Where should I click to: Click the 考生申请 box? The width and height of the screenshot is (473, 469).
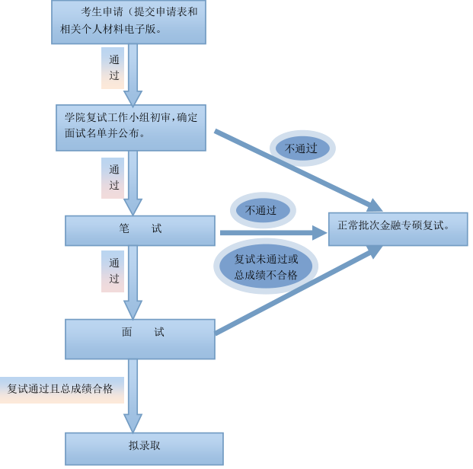pyautogui.click(x=128, y=21)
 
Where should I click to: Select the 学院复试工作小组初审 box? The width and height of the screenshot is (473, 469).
pyautogui.click(x=131, y=127)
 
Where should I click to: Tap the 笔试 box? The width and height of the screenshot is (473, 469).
pyautogui.click(x=139, y=230)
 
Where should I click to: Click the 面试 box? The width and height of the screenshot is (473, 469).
pyautogui.click(x=139, y=338)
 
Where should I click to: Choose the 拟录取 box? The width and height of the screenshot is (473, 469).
pyautogui.click(x=144, y=448)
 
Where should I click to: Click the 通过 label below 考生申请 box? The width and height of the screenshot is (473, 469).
pyautogui.click(x=113, y=68)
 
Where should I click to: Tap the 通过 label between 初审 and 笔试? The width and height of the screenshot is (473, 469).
pyautogui.click(x=113, y=177)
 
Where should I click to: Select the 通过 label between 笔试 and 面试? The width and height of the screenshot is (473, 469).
pyautogui.click(x=113, y=271)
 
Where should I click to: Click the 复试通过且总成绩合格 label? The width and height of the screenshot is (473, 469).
pyautogui.click(x=61, y=389)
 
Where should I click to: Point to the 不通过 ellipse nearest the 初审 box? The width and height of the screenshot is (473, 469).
pyautogui.click(x=302, y=148)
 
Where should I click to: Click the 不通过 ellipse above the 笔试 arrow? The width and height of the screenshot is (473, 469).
pyautogui.click(x=262, y=210)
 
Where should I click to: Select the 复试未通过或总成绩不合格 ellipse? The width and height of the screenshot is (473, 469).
pyautogui.click(x=266, y=266)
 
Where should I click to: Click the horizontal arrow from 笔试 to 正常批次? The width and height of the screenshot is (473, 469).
pyautogui.click(x=267, y=233)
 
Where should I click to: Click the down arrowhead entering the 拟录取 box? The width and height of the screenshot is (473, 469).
pyautogui.click(x=133, y=423)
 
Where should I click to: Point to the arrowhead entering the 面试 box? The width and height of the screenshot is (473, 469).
pyautogui.click(x=133, y=310)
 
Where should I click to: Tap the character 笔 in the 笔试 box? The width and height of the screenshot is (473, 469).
pyautogui.click(x=125, y=228)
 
